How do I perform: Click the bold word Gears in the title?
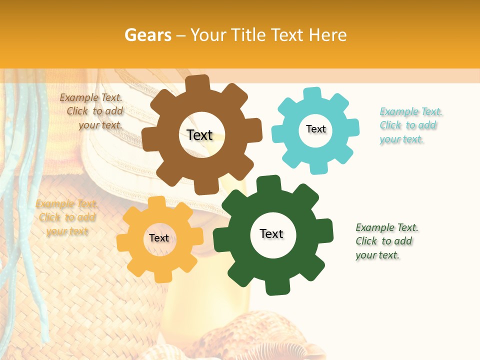coord(147,35)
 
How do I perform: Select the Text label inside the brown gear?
coord(199,135)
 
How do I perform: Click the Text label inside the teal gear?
coord(315,129)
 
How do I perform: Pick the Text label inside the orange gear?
coord(159,238)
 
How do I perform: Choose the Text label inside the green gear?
coord(271,233)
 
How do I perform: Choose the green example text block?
coord(386,241)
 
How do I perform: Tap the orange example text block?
coord(67,217)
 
